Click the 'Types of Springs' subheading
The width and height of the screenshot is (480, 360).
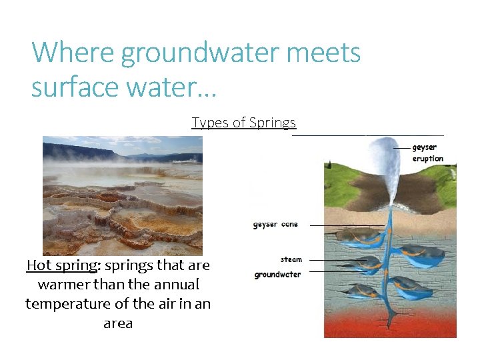coord(243,123)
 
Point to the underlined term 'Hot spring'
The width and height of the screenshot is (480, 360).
coord(61,265)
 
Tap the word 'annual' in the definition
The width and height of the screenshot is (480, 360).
coord(172,285)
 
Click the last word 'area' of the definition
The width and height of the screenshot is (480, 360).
coord(118,323)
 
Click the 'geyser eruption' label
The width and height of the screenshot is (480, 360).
coord(427,153)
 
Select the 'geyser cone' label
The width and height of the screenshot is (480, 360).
coord(275,225)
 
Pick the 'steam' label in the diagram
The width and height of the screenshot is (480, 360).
coord(291,259)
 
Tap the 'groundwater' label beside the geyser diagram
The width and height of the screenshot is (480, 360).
coord(277,275)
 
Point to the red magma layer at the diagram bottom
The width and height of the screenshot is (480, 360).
coord(390,323)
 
